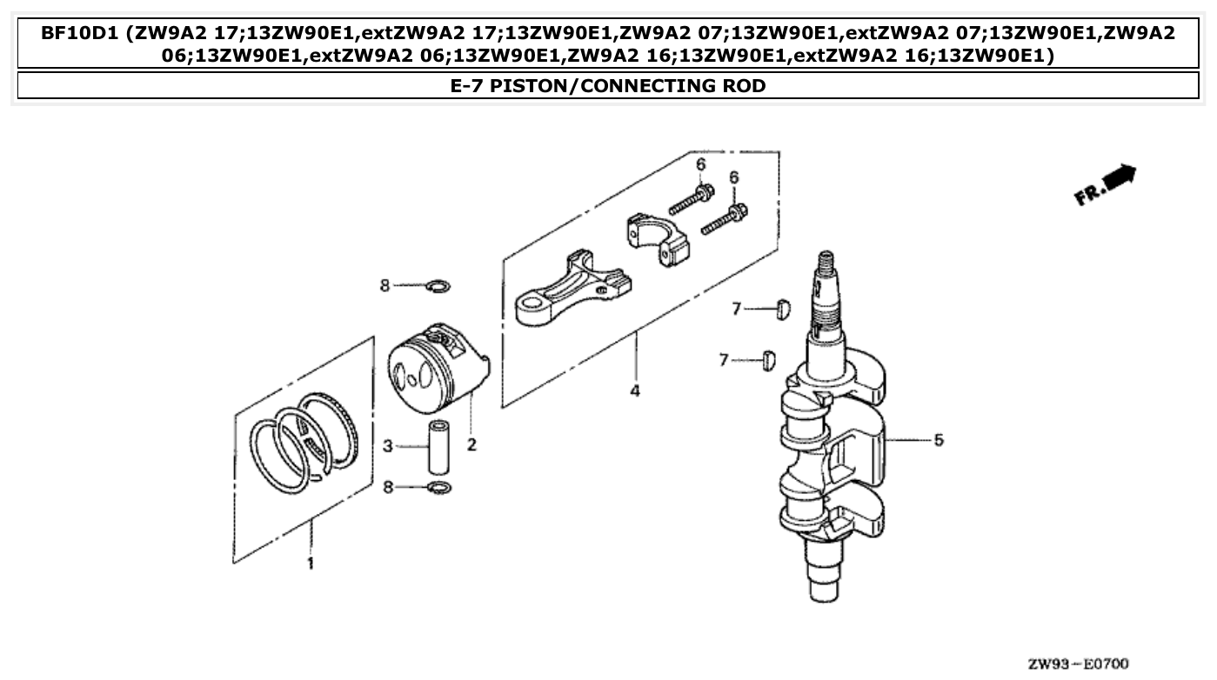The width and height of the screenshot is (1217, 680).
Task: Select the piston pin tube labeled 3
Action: click(438, 447)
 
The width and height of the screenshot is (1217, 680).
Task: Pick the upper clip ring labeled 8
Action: click(439, 285)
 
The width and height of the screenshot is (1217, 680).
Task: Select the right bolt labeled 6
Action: click(724, 218)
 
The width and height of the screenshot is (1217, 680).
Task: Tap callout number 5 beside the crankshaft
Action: click(939, 440)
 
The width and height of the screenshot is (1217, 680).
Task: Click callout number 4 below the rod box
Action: click(635, 391)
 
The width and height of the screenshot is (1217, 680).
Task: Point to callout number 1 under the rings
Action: click(310, 563)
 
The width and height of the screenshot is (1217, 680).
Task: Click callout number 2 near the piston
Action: click(471, 445)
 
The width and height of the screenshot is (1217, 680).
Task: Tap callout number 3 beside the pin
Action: click(388, 446)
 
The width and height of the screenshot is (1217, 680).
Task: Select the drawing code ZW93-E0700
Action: click(1078, 664)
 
